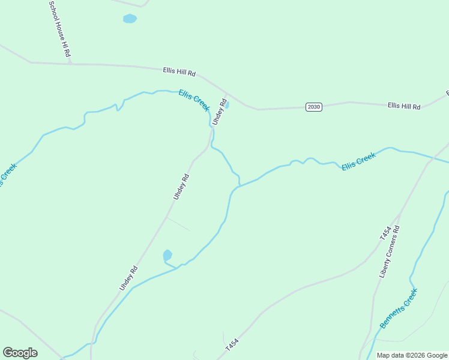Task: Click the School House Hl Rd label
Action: point(59,28)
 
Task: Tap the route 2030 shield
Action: point(313,107)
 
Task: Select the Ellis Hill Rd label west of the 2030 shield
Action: point(179,71)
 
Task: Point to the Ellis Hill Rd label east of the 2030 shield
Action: point(404,106)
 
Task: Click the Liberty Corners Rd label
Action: point(390,251)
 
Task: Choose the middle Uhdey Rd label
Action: point(181,187)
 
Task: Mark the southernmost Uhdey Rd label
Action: point(128,278)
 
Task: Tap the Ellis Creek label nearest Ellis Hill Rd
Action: point(194,100)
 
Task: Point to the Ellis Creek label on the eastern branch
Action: point(358,161)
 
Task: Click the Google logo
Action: point(20,353)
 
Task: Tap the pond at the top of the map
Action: point(130,19)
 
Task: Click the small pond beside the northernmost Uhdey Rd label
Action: point(226,105)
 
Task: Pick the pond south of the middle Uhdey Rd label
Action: point(167,255)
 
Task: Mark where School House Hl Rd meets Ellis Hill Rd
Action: point(70,62)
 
